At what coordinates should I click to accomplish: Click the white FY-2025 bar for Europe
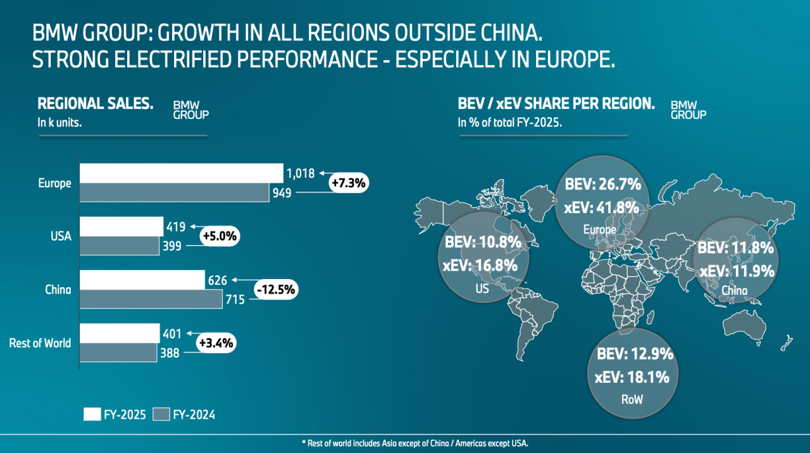point(181,173)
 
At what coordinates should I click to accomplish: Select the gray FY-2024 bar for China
point(151,299)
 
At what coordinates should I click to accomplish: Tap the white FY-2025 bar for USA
point(121,226)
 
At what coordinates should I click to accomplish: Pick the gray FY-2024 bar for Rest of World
point(118,352)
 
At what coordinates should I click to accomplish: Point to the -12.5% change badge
point(276,290)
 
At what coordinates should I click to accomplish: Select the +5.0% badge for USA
point(219,236)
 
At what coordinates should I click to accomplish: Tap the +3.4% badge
point(216,343)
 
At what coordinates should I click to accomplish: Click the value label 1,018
point(301,172)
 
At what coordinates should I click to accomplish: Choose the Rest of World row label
point(40,343)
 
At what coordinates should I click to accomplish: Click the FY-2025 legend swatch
point(92,414)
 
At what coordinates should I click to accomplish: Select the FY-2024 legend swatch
point(163,414)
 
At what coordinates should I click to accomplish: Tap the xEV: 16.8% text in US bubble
point(480,266)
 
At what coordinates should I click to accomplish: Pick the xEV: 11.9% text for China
point(737,271)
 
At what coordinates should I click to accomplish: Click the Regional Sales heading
point(96,103)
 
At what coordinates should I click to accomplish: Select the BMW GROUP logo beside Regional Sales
point(190,110)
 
